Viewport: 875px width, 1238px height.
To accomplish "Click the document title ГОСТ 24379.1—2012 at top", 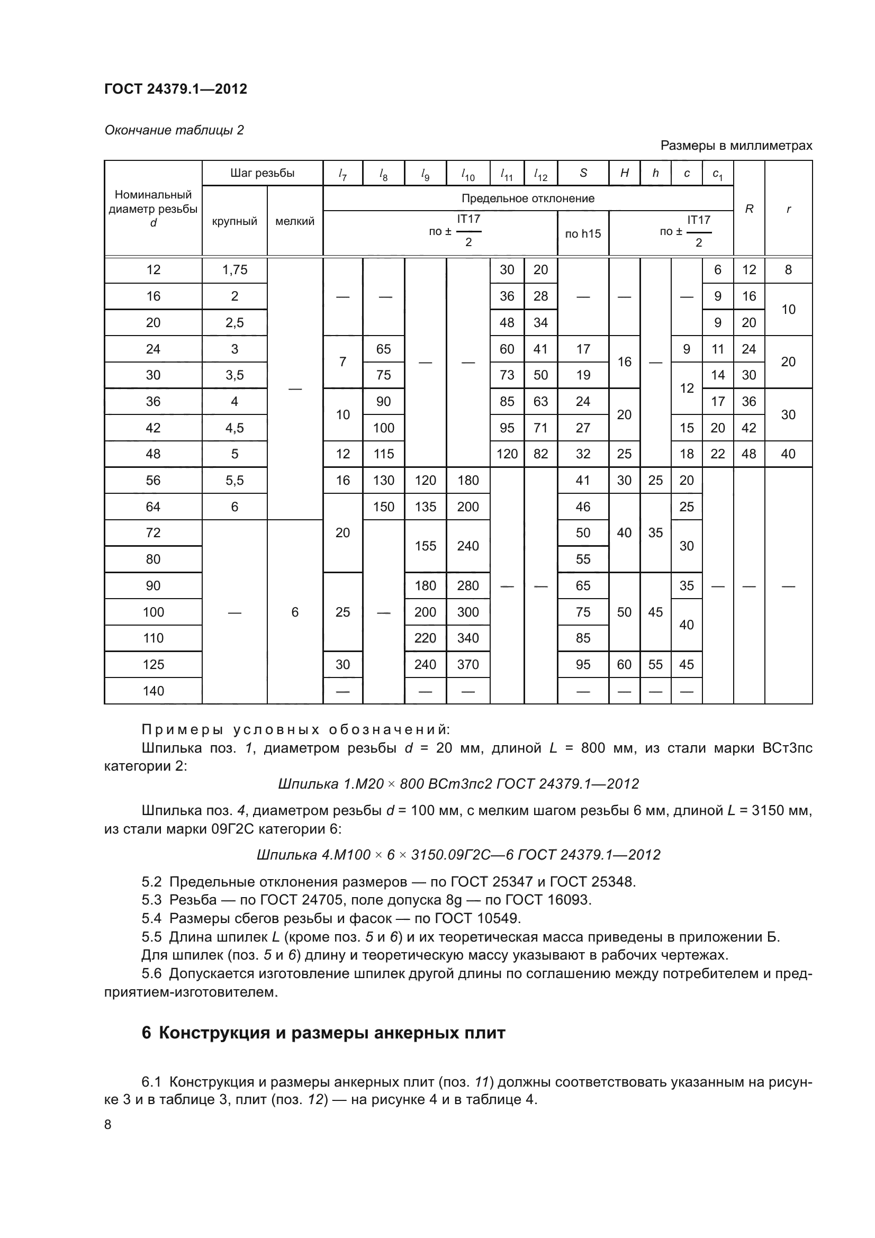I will (176, 89).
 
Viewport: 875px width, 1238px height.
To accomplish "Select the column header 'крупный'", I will (234, 221).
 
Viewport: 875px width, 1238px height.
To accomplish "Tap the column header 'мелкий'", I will (295, 221).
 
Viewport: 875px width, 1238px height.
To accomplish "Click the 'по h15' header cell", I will (583, 233).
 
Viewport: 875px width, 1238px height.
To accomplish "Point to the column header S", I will (583, 173).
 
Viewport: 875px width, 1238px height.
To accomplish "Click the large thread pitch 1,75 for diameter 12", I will (234, 269).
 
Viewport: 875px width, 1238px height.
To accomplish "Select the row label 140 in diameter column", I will (153, 691).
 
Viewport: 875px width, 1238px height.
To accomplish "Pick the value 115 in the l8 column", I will (383, 454).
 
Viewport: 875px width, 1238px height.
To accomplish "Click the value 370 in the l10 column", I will (468, 664).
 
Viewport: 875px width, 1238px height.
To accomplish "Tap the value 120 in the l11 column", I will (507, 454).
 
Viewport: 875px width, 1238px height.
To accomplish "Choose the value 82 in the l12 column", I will (541, 454).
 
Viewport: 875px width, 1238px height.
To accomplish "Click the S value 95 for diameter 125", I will (583, 664).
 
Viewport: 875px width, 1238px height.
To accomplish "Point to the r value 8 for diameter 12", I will (788, 269).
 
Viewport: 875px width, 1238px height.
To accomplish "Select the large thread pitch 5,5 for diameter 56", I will (234, 481).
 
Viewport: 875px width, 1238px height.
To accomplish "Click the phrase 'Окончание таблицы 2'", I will (174, 130).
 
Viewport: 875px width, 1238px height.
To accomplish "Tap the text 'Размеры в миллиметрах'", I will (736, 146).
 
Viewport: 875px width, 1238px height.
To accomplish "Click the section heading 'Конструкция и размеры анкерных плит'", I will (331, 1033).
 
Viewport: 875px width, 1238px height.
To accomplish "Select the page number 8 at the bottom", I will (108, 1124).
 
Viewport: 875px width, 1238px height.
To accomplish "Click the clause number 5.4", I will (151, 918).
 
